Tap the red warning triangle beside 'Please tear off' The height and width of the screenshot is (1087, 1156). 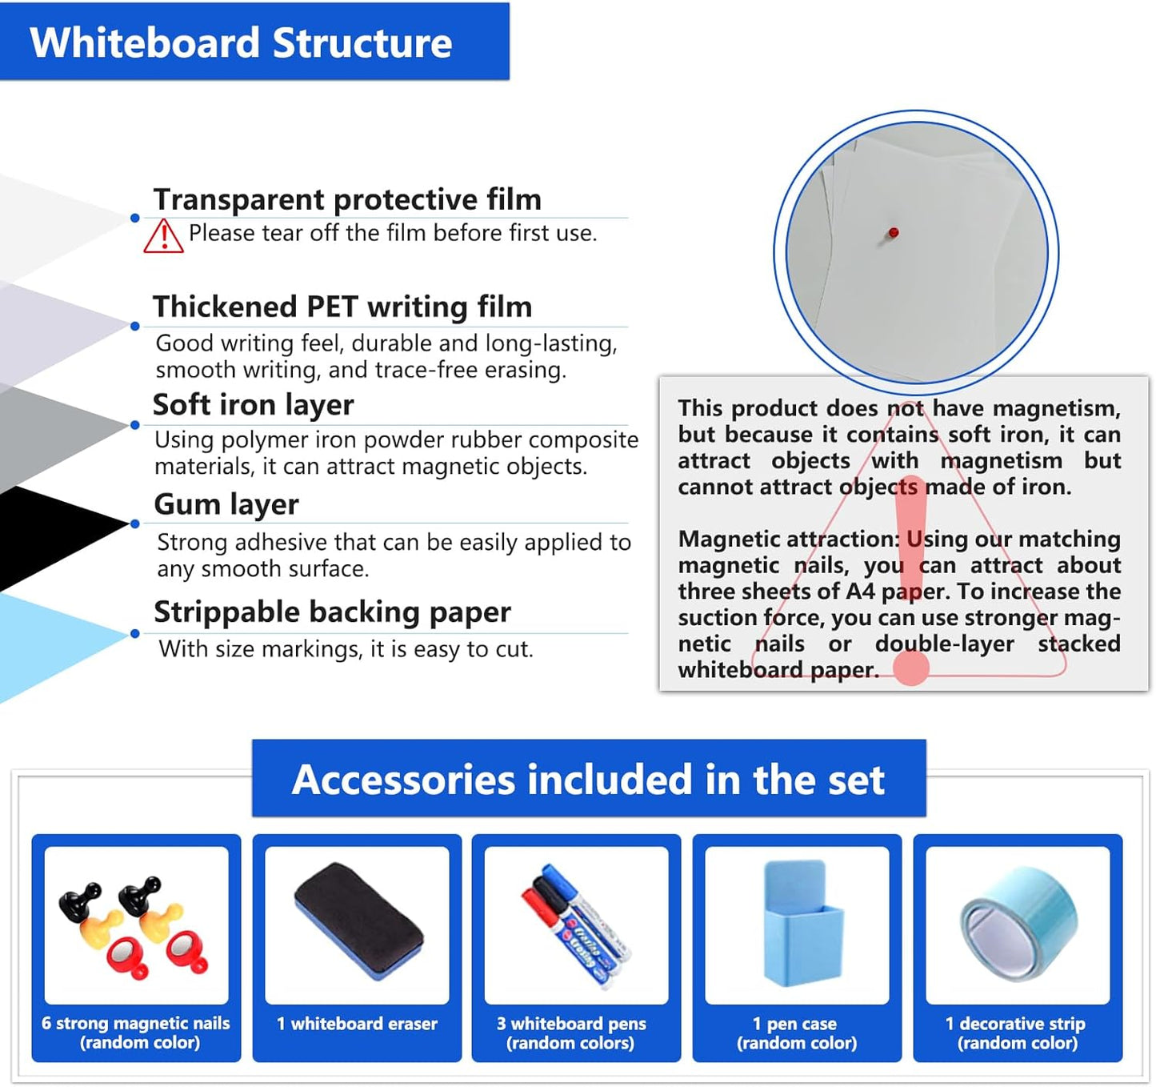coord(163,236)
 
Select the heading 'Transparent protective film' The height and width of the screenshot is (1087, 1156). coord(347,199)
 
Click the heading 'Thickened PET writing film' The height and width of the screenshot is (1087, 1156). coord(342,307)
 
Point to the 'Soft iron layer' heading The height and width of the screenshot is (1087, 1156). coord(253,405)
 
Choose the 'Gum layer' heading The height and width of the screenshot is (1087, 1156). coord(226,504)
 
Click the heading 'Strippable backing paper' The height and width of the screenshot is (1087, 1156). coord(332,612)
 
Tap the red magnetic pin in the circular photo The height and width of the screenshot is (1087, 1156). coord(894,233)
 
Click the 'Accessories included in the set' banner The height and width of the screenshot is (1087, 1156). coord(589,780)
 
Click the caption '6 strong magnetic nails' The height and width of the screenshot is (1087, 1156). coord(136,1024)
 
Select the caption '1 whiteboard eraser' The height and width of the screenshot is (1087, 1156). coord(357,1024)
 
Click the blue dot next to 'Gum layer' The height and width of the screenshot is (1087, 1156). coord(135,523)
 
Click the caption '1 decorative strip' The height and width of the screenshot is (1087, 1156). coord(1015,1024)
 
